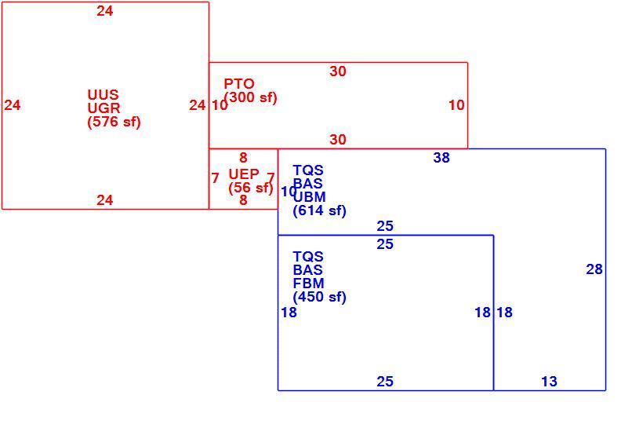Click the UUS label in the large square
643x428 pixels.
point(103,95)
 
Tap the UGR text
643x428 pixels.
point(104,108)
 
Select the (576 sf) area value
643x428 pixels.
point(114,122)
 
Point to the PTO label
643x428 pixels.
point(239,84)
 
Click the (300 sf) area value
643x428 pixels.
point(251,97)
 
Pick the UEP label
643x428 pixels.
point(244,174)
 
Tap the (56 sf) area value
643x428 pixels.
point(251,188)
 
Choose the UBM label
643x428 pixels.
point(310,197)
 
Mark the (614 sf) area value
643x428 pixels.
point(319,210)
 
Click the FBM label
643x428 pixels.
point(308,284)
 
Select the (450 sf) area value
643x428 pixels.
point(319,297)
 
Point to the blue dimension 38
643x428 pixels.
point(441,158)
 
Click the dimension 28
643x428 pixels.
point(594,269)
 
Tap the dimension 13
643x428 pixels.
point(549,382)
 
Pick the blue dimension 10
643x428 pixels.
point(289,192)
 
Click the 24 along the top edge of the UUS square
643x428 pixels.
point(104,11)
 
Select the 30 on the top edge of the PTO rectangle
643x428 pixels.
point(337,71)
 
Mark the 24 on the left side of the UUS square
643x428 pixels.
point(13,105)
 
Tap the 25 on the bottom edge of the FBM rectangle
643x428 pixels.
point(385,382)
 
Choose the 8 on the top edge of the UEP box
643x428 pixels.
point(243,158)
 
